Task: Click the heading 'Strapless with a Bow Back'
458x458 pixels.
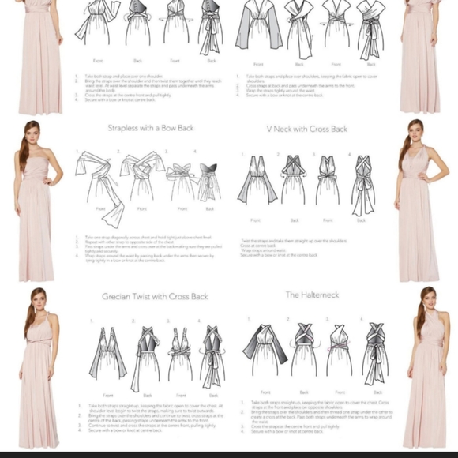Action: [x=150, y=127]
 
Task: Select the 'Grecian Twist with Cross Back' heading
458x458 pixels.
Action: [x=155, y=296]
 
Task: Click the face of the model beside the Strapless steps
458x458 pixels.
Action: [x=32, y=136]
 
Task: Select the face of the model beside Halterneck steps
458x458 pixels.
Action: [x=427, y=301]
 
